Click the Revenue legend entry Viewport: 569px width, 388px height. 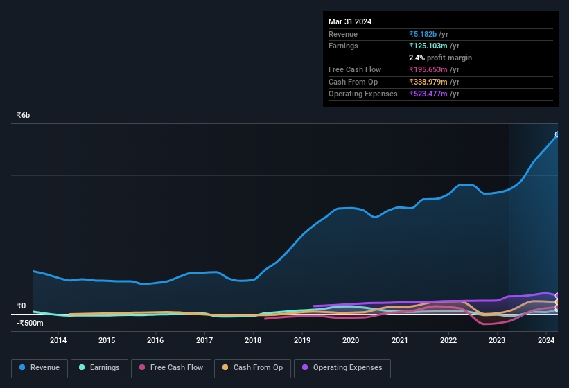(x=40, y=368)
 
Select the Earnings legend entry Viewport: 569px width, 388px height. (x=99, y=368)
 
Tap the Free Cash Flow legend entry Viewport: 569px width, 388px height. (x=171, y=368)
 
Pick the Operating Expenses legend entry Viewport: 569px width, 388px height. (x=342, y=368)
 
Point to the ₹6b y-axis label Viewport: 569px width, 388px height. (x=24, y=115)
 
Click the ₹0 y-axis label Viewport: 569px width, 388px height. (x=21, y=306)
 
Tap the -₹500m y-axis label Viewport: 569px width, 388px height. (x=30, y=323)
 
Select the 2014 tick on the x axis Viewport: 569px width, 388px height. (x=58, y=340)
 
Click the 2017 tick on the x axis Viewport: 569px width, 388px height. (x=204, y=340)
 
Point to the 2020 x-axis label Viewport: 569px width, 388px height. (x=351, y=340)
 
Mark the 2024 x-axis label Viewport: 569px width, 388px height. (x=545, y=340)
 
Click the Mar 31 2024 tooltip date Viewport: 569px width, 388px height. (x=350, y=21)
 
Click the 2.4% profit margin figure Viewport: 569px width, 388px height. (x=416, y=58)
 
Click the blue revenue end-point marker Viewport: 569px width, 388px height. (x=557, y=134)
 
